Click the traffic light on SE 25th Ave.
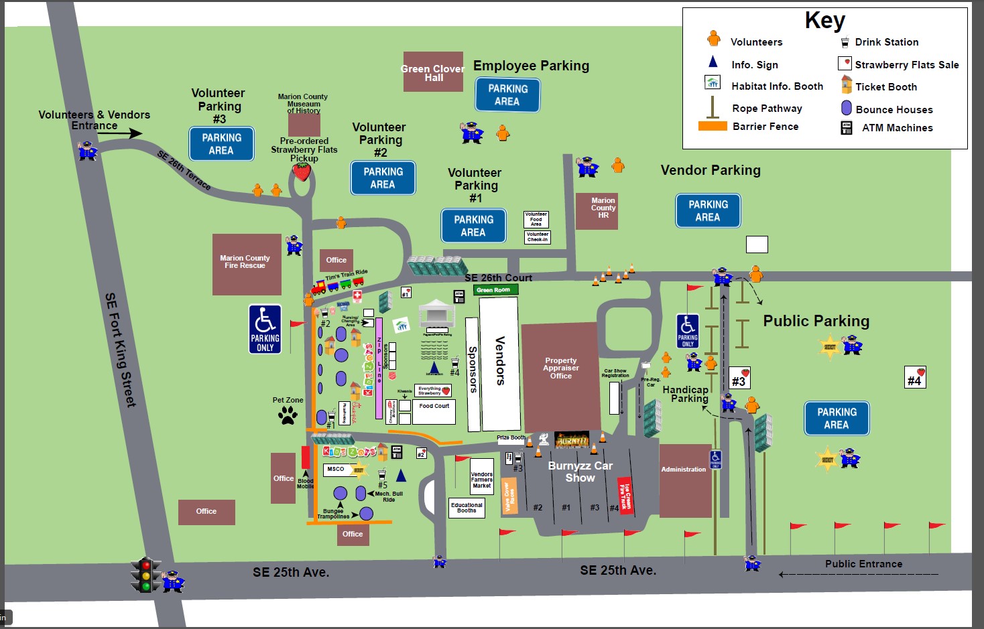145,575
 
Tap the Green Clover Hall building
433,72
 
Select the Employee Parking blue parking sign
507,94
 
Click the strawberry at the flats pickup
302,171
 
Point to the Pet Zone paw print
288,416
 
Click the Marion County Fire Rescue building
246,264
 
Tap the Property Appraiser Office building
560,375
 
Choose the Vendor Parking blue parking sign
708,210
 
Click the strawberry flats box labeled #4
915,378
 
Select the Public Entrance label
863,564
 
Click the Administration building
684,480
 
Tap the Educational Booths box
467,508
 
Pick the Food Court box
434,411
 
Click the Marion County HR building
603,210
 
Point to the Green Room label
493,290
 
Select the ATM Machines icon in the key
847,128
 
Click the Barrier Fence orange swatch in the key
713,126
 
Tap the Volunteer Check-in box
537,237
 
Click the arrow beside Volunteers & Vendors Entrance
120,133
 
